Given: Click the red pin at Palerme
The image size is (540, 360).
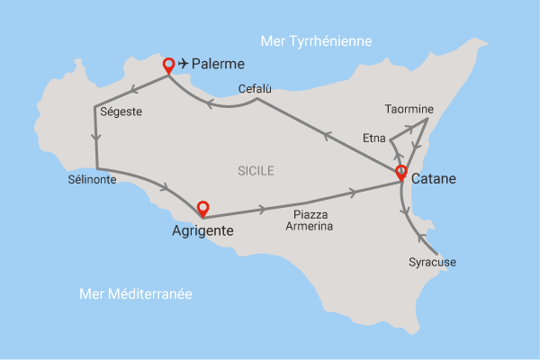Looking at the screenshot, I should pos(168,65).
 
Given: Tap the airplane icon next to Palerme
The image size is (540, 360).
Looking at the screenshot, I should pos(184,63).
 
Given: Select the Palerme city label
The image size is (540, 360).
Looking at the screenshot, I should pos(219,64).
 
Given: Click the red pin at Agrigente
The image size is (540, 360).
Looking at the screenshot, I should pos(202,208).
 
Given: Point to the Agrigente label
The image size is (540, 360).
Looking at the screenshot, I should pos(202,231).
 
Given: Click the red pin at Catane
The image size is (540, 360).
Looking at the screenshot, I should pos(400,173).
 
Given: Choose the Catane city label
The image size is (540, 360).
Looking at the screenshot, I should pos(433,179).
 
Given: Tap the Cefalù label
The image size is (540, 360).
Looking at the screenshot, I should pos(255,88).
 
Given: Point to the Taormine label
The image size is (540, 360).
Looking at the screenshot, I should pos(409,110).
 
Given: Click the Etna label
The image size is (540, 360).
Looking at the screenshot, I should pos(373,139).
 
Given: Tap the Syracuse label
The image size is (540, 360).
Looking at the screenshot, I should pos(433,263).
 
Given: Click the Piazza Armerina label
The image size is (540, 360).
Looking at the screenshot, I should pos(310,220).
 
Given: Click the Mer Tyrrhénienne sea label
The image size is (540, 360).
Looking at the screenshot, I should pos(315,41).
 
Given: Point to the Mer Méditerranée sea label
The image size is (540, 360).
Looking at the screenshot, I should pos(136,294).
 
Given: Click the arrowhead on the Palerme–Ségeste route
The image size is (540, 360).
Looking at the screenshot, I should pos(132,89).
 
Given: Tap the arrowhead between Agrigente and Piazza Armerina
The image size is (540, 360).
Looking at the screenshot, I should pos(262,209).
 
